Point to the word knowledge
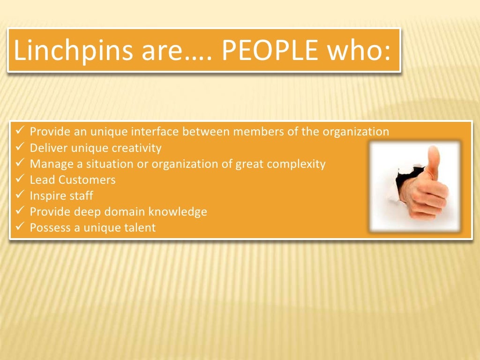[x=178, y=212]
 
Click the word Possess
[x=48, y=228]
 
